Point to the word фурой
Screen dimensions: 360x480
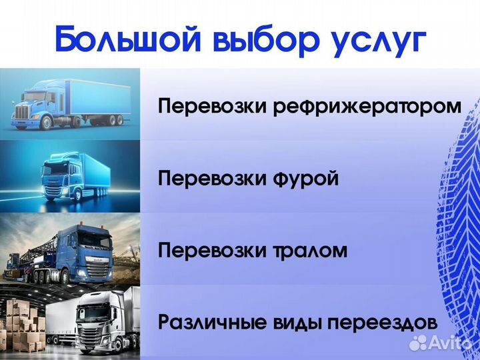point(306,179)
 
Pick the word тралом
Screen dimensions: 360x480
point(310,251)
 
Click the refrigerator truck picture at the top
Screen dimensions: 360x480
point(70,104)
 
